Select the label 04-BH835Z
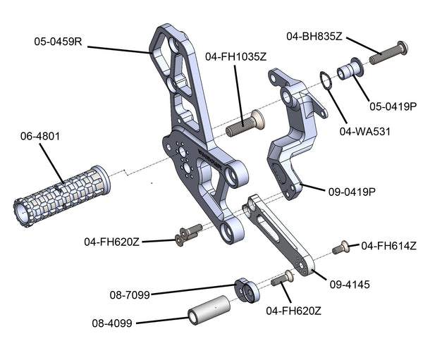tap(314, 35)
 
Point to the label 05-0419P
tap(393, 106)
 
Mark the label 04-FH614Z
tap(388, 246)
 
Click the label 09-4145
tap(350, 285)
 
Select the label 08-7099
tap(129, 295)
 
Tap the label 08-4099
tap(113, 323)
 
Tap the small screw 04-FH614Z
tap(342, 247)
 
